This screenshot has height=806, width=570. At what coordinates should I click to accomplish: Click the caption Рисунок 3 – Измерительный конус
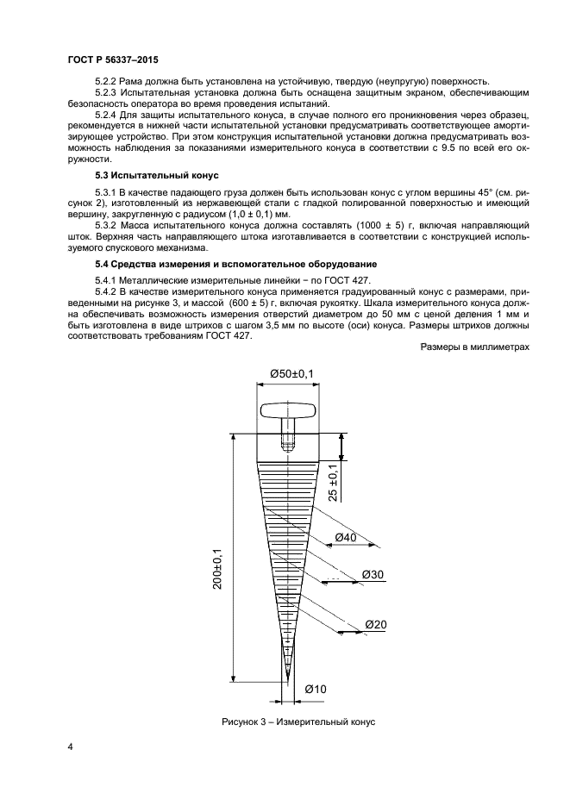pos(298,722)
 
